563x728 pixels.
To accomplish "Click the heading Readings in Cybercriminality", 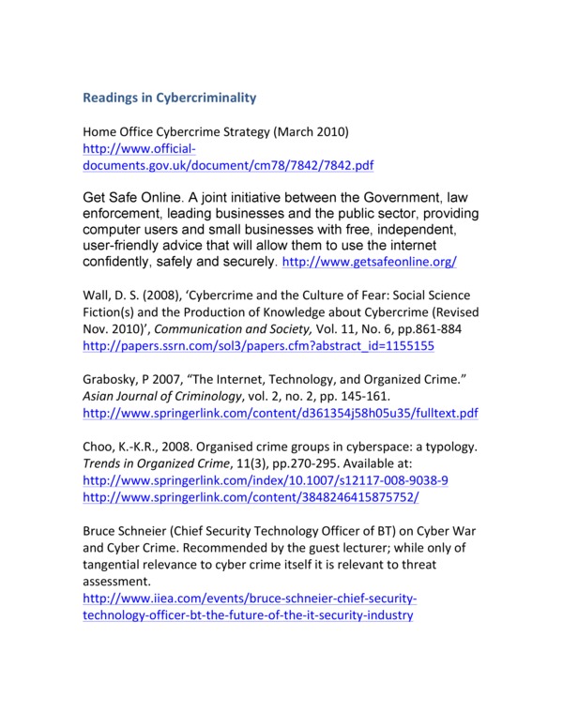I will (170, 98).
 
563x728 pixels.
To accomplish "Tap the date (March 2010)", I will (328, 131).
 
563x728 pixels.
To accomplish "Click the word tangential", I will (117, 564).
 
